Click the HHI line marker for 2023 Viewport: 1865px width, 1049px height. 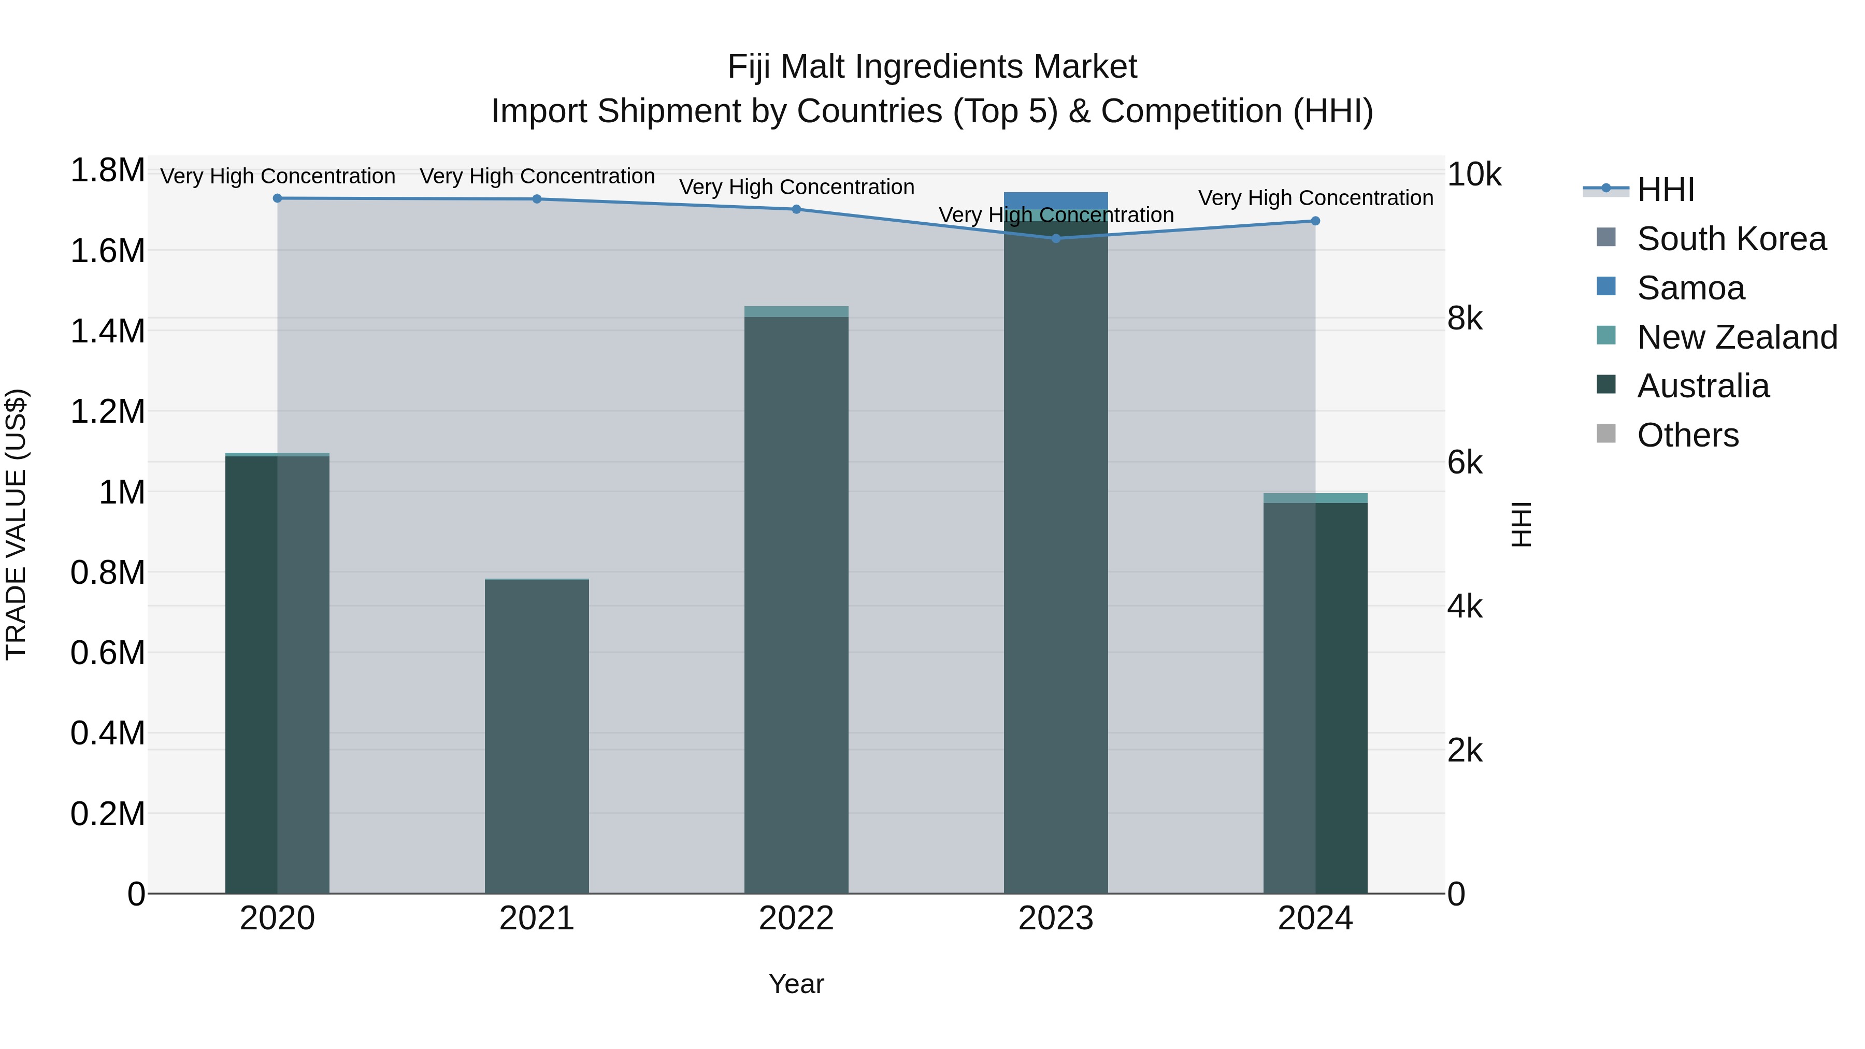tap(1056, 238)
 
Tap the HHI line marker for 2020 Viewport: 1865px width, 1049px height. tap(277, 198)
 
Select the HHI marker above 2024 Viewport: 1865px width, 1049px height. tap(1315, 221)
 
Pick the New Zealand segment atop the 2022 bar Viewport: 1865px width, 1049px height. tap(796, 311)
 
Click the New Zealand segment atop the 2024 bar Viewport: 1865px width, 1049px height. tap(1315, 498)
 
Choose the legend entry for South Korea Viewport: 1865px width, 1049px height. tap(1731, 239)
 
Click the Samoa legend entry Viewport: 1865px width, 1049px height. tap(1690, 288)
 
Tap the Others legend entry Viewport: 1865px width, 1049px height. tap(1687, 435)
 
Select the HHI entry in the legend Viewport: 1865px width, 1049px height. tap(1665, 190)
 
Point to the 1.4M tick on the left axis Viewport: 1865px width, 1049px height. tap(107, 332)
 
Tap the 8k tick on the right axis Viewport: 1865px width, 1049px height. tap(1465, 319)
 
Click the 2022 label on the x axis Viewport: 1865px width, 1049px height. tap(796, 918)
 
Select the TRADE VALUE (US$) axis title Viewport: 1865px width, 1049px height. tap(16, 524)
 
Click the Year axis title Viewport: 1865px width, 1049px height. tap(796, 984)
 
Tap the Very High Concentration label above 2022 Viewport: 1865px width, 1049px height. tap(796, 187)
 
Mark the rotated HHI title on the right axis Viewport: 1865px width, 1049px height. tap(1522, 524)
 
